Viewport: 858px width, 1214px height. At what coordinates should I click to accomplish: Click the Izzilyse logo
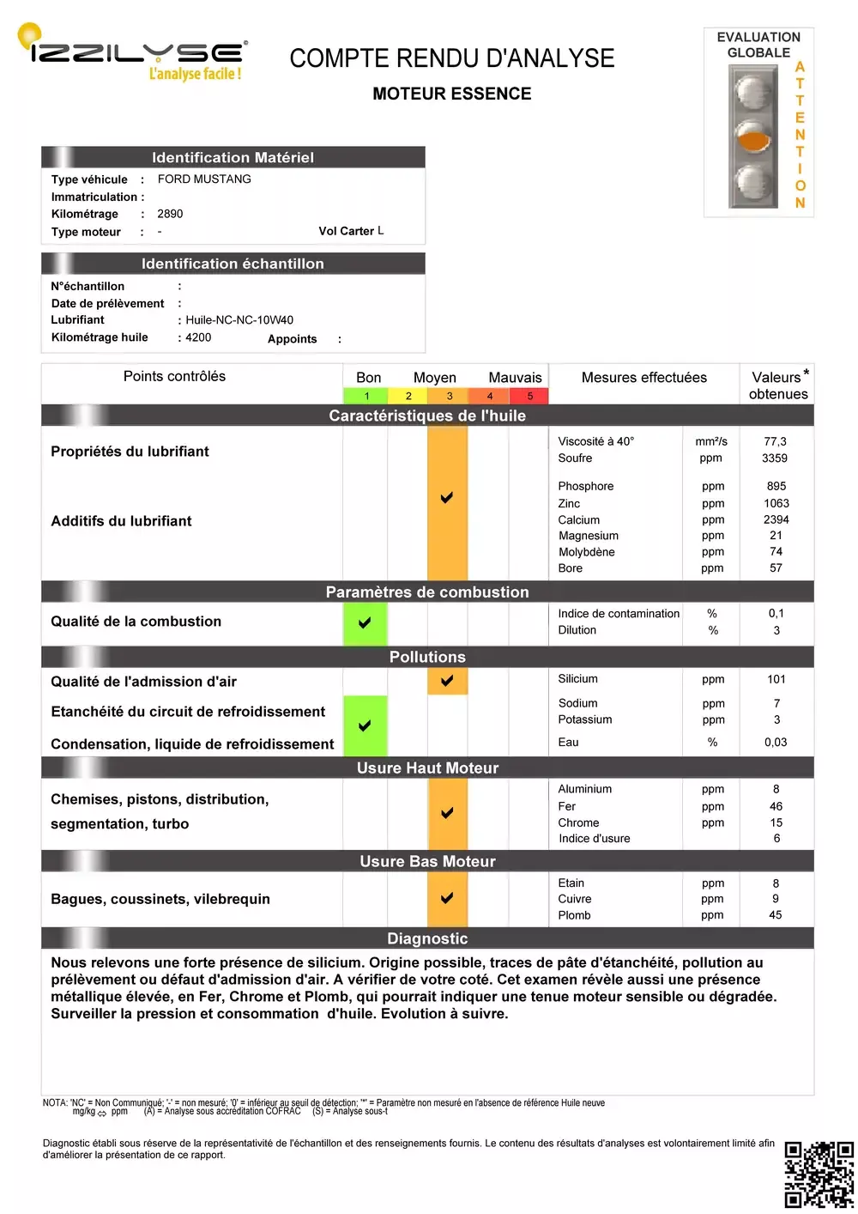tap(133, 53)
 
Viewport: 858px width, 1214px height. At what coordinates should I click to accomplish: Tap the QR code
tap(819, 1175)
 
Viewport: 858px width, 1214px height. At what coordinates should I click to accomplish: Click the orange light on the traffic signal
tap(752, 138)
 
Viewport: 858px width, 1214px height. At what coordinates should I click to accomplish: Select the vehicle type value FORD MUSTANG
tap(204, 179)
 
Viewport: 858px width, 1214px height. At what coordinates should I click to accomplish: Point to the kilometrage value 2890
tap(170, 214)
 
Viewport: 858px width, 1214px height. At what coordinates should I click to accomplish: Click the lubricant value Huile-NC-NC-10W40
tap(239, 320)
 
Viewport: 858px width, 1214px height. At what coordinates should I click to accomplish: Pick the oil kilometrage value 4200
tap(198, 337)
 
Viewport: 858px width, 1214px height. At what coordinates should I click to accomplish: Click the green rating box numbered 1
tap(366, 396)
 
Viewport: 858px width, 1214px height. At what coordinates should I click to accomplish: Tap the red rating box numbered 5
tap(529, 396)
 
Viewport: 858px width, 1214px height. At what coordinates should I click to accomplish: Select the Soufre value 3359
tap(775, 458)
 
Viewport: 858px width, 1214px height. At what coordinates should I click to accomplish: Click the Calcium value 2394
tap(776, 519)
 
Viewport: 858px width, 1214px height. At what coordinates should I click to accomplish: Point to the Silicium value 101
tap(776, 679)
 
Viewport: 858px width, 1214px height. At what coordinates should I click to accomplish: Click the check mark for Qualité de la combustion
tap(365, 622)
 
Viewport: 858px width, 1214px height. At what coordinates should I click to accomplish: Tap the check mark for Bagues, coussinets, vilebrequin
tap(447, 898)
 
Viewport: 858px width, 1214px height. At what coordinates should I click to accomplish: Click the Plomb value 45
tap(776, 915)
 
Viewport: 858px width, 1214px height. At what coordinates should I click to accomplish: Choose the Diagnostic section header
tap(427, 938)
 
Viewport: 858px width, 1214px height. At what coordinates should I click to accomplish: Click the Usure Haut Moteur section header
tap(427, 768)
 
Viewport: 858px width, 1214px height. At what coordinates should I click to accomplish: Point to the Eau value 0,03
tap(776, 743)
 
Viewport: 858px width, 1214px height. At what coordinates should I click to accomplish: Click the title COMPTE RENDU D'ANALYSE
tap(452, 58)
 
